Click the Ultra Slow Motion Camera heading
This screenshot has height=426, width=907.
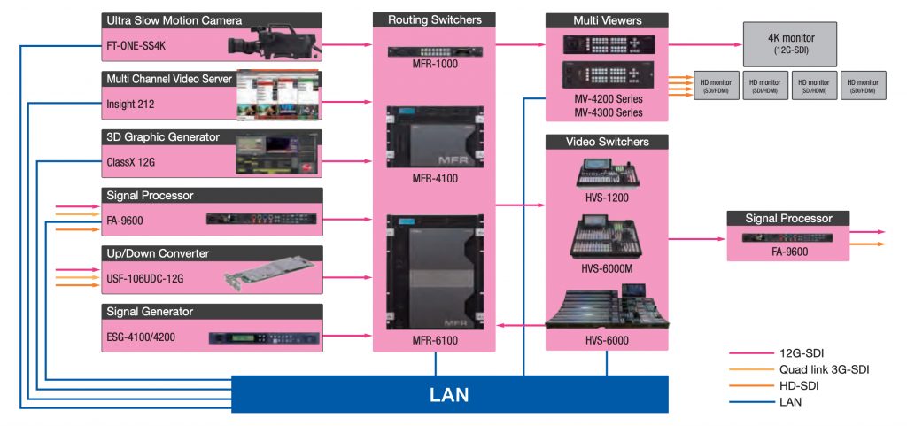174,19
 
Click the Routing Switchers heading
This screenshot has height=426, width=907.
433,19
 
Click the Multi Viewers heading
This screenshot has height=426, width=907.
606,19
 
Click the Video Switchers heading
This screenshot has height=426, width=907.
606,142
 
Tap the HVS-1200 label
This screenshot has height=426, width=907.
606,198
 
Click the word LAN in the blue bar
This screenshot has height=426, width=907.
449,392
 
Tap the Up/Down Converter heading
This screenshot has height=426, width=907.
157,253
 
